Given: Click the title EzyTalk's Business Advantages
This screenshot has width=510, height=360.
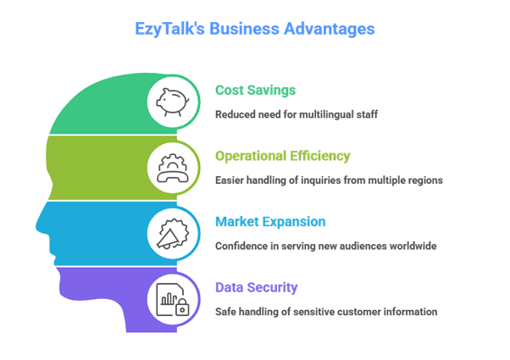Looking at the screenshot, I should click(254, 28).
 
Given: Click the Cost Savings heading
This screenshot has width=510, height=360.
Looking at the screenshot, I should click(255, 90).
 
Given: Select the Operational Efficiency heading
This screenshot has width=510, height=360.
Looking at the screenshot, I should click(282, 156).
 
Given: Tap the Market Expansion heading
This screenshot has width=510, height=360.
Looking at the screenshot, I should click(269, 222).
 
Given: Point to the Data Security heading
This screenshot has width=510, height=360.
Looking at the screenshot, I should click(256, 287).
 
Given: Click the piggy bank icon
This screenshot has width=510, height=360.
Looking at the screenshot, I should click(173, 101).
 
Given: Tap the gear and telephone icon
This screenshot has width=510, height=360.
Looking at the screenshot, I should click(173, 167).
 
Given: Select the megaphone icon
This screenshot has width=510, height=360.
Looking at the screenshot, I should click(173, 232).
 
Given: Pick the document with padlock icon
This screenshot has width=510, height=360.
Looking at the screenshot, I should click(173, 298).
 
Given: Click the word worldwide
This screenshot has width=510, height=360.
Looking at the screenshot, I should click(415, 246).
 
